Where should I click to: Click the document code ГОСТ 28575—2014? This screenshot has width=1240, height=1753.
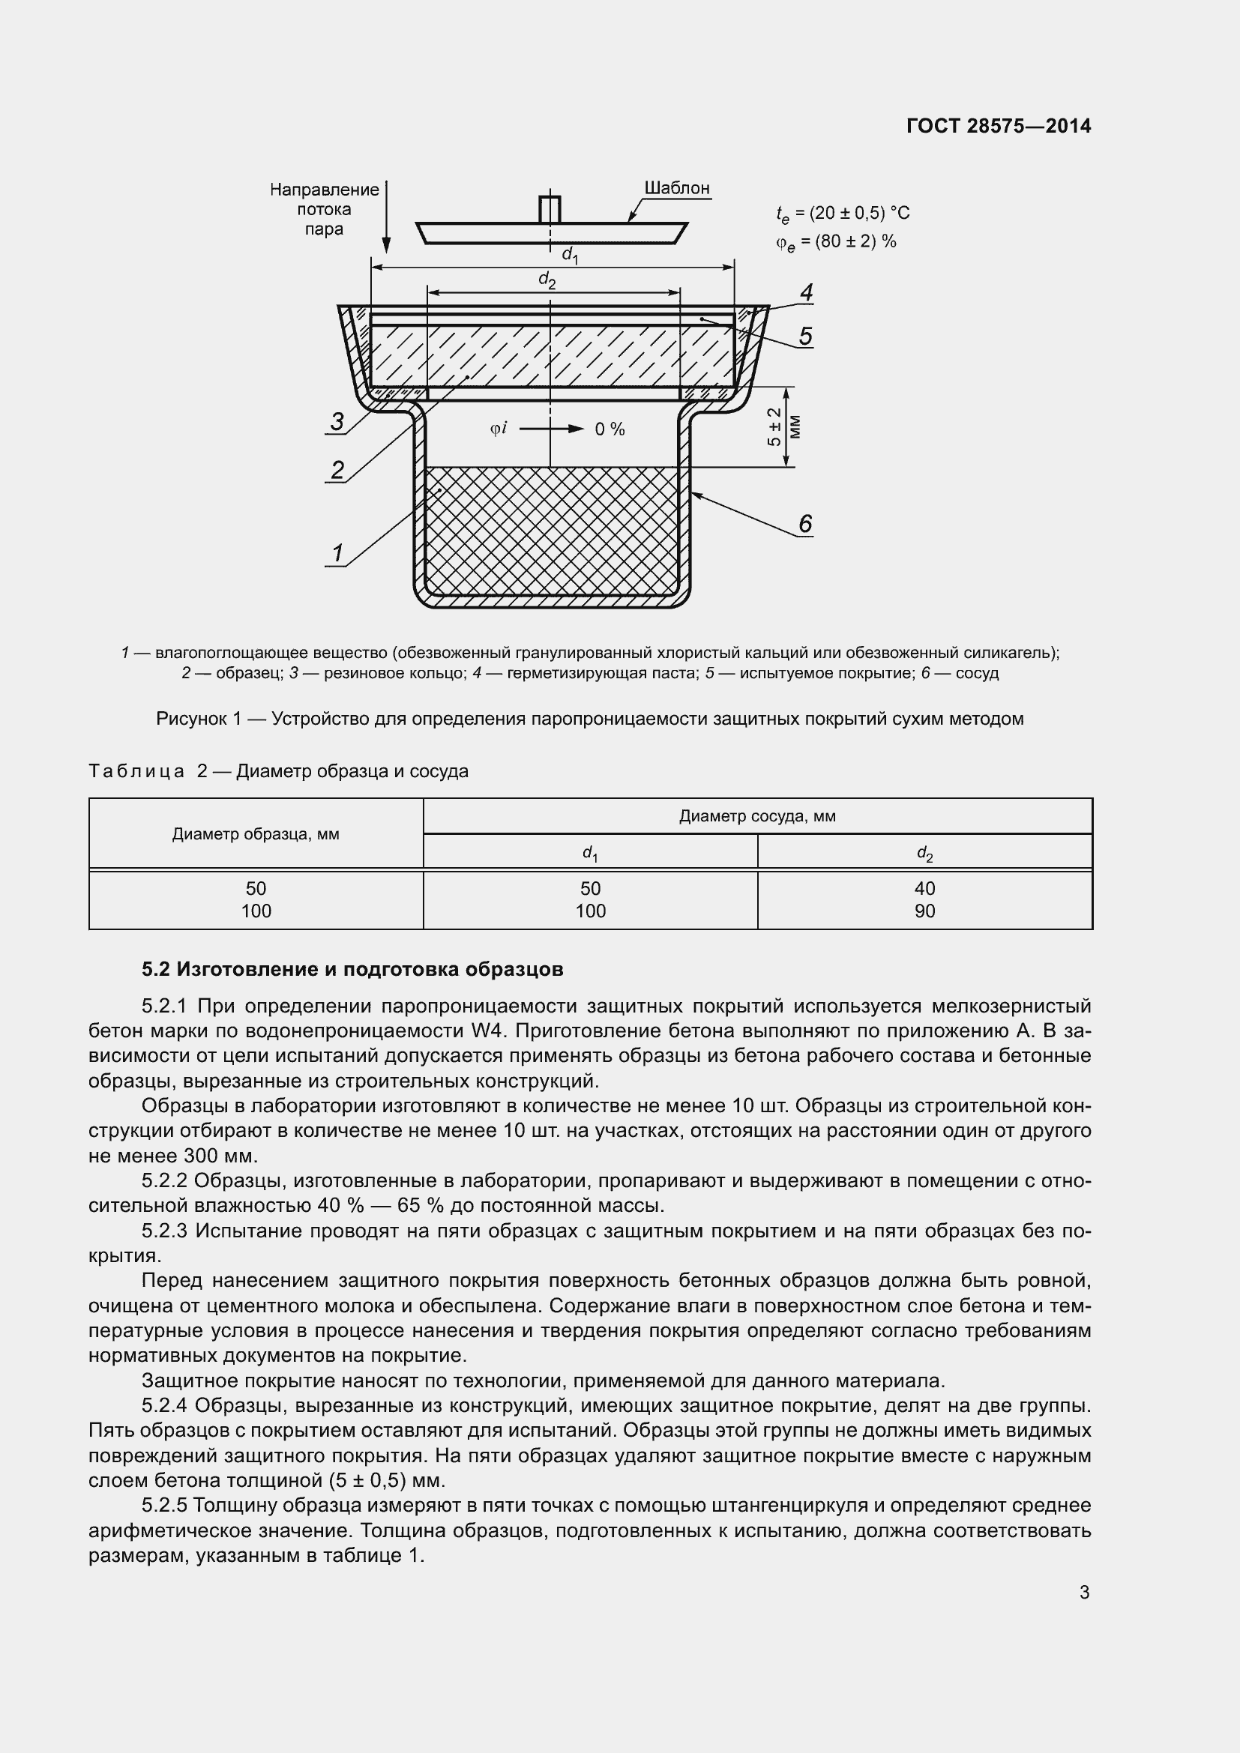tap(998, 126)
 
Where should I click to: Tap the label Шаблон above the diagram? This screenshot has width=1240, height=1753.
tap(676, 188)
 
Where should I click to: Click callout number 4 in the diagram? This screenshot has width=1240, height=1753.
tap(805, 292)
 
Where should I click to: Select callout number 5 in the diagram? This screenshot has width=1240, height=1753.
tap(805, 336)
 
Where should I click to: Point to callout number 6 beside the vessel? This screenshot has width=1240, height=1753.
tap(804, 524)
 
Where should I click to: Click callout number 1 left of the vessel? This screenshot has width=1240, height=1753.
tap(337, 553)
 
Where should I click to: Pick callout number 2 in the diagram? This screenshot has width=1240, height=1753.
tap(337, 470)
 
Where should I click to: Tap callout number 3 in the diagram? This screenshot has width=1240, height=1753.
tap(337, 421)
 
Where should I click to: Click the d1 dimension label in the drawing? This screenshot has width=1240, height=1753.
tap(570, 255)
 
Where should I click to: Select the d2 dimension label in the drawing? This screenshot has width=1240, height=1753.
tap(547, 280)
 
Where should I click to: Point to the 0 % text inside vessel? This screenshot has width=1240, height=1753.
tap(610, 430)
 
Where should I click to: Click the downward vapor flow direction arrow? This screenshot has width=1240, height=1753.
tap(386, 217)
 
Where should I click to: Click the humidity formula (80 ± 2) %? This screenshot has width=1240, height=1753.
tap(836, 242)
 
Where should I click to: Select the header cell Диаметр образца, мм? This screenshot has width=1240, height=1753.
tap(255, 833)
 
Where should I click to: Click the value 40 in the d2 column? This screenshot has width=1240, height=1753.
tap(924, 888)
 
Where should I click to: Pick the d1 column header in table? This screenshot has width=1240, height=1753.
tap(589, 852)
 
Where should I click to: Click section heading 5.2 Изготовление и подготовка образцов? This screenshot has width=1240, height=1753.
tap(352, 970)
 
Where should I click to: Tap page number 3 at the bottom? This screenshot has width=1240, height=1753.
tap(1083, 1592)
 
